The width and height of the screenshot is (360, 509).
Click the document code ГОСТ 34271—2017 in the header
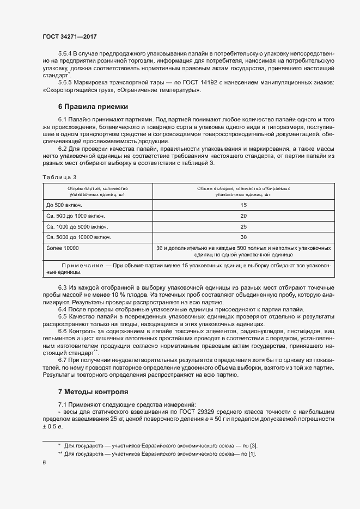70,37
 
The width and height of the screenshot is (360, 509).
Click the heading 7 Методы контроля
93,391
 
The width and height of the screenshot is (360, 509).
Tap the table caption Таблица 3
59,177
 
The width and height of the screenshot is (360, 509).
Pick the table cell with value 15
243,205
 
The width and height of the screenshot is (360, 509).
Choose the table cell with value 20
243,216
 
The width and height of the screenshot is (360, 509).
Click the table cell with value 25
243,226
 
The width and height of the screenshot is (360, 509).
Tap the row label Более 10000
63,248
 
